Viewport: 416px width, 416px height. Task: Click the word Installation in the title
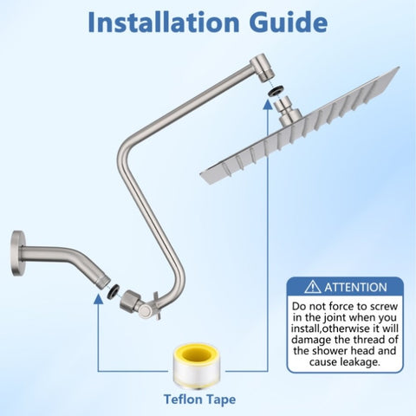[164, 23]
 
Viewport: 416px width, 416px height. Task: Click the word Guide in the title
[289, 23]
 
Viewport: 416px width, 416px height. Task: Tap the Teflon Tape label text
[199, 400]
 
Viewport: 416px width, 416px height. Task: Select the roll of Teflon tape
[198, 367]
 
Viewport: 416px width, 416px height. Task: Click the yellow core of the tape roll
[198, 354]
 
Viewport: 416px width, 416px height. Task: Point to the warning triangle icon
[313, 287]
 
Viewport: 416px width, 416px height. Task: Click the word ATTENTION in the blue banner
[355, 288]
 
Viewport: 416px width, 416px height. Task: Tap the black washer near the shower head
[276, 91]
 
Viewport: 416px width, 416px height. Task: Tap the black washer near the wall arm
[113, 291]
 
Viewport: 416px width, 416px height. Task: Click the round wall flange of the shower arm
[17, 253]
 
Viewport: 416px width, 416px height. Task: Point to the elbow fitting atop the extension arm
[263, 68]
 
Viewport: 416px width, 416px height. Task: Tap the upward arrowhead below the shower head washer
[268, 104]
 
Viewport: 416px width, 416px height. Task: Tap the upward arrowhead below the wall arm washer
[99, 299]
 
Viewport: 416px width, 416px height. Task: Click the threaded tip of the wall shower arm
[104, 282]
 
